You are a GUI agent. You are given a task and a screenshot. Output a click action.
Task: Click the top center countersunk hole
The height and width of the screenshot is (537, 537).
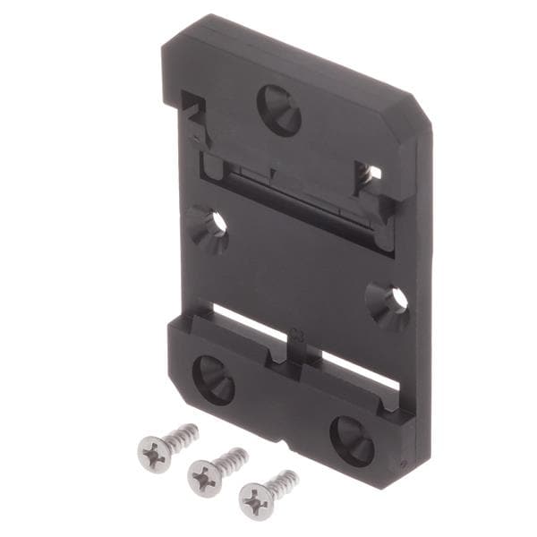click(279, 109)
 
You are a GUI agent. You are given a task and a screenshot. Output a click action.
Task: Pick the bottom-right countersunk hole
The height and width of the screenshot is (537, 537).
click(352, 439)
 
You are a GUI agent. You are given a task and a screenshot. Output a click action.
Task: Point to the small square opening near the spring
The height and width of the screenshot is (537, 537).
click(375, 172)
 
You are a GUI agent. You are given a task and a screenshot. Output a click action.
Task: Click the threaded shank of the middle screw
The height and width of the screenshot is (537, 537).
click(229, 461)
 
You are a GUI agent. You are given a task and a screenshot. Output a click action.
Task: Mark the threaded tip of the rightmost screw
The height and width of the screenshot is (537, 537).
click(292, 476)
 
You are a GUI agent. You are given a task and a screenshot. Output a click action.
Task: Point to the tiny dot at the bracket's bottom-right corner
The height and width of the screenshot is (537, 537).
click(403, 464)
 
